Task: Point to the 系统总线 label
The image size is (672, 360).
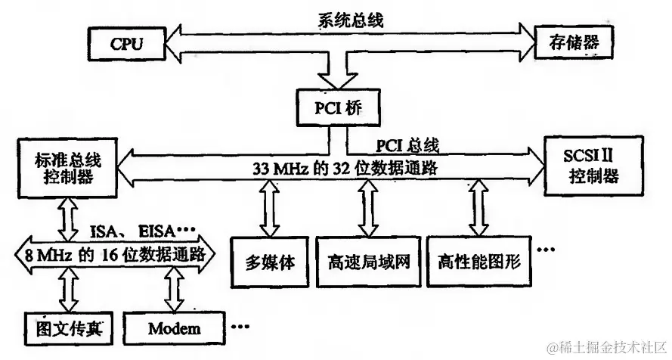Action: coord(350,20)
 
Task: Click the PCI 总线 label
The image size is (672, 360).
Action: coord(406,144)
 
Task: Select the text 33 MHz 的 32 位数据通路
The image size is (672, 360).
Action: coord(345,169)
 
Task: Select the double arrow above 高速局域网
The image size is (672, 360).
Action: coord(367,209)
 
